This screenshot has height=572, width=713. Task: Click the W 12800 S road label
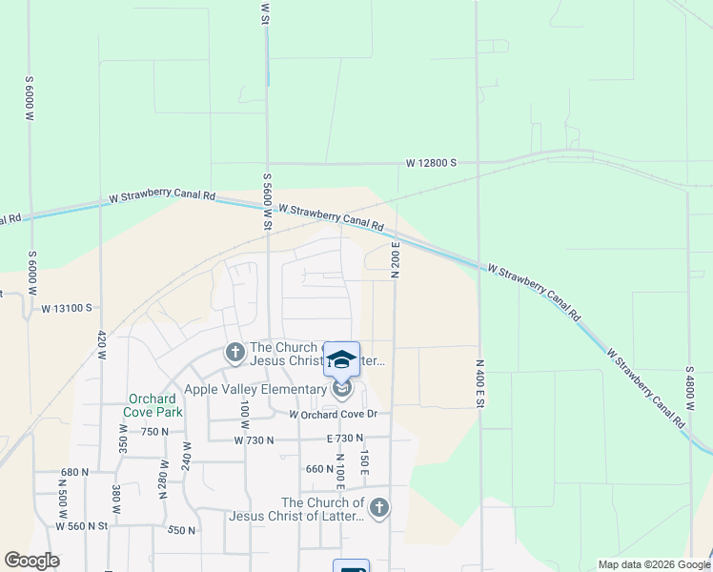431,163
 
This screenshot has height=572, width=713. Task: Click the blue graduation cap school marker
342,359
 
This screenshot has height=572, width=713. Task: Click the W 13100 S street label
66,308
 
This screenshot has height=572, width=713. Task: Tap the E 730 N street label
345,439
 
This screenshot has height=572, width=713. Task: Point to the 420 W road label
101,343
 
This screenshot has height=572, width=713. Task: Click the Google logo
31,561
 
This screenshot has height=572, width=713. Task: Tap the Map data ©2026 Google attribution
653,564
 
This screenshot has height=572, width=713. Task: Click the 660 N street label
318,468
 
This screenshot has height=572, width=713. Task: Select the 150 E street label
363,461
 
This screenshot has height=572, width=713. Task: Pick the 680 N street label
73,472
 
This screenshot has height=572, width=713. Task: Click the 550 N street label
180,530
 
